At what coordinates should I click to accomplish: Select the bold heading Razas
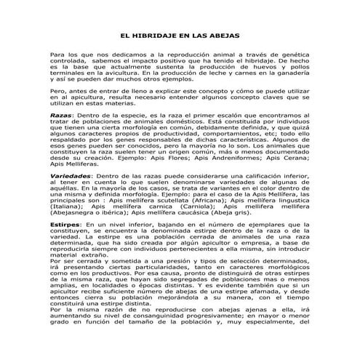61,116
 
